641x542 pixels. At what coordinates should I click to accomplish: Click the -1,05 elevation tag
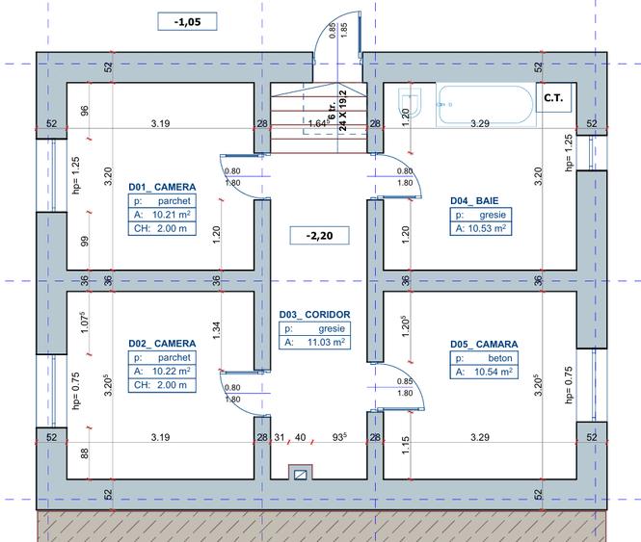187,21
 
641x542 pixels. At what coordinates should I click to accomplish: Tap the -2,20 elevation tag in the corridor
319,236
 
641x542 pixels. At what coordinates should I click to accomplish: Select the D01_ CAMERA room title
162,187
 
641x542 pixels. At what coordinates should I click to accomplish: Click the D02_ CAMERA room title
162,344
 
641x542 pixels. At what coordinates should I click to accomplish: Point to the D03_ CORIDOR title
315,315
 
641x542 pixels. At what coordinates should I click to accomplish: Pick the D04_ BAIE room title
474,200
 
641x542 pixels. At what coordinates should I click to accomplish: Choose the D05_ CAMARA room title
484,345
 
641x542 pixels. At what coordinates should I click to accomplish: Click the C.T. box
553,98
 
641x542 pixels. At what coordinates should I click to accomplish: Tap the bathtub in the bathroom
486,104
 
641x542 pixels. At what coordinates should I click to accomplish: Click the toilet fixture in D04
410,101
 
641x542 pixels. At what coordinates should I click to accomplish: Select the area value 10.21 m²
172,215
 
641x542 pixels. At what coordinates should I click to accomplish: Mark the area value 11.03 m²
326,343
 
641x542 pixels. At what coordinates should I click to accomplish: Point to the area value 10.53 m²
487,228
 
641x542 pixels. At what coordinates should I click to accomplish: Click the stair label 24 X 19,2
343,111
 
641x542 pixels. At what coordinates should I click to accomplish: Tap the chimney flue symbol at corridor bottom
301,475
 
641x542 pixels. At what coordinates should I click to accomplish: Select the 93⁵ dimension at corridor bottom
339,437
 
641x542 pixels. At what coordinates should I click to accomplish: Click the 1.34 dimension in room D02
216,330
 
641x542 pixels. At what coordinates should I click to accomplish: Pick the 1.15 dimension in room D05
405,445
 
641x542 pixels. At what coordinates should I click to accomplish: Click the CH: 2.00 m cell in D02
162,385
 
